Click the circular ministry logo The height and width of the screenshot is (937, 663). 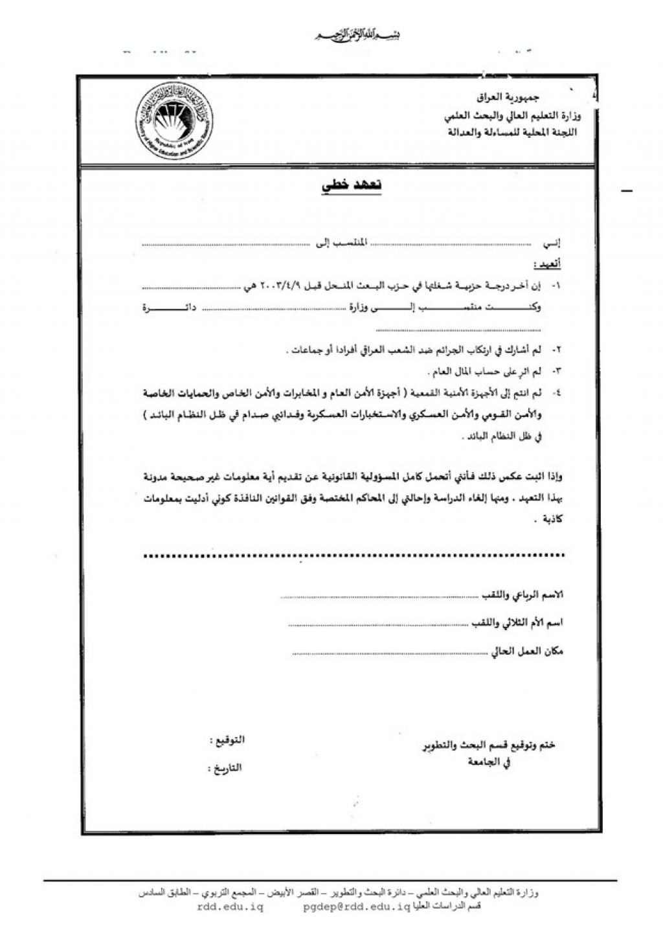coord(175,122)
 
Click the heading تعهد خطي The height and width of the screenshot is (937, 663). coord(352,185)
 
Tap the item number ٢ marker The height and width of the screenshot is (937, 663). coord(556,350)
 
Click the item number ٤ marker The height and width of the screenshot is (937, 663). coord(556,392)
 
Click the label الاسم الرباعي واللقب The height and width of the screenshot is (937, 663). coord(523,594)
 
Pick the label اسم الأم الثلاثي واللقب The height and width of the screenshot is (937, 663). coord(516,622)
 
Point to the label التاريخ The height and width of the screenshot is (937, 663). coord(225,768)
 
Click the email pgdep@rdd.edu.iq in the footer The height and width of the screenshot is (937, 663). coord(357,908)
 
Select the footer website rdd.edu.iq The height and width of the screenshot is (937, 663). coord(230,908)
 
